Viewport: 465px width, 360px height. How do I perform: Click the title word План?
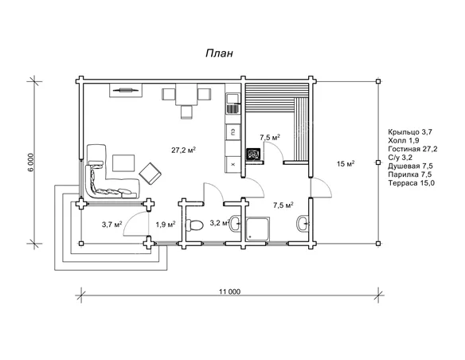[220, 53]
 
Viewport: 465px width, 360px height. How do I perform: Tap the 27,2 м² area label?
[183, 150]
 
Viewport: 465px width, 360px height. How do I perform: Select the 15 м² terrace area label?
[346, 163]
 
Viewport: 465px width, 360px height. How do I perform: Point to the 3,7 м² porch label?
[112, 225]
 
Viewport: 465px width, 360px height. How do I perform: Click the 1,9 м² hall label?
[166, 225]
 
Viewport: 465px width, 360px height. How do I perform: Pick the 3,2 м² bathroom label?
[220, 223]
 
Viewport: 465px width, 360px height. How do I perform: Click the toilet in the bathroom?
[194, 225]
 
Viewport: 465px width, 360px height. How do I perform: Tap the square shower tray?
[258, 229]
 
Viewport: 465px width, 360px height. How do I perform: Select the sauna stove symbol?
[253, 155]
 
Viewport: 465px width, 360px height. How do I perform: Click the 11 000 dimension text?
[230, 292]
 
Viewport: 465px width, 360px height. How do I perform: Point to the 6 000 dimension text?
[33, 162]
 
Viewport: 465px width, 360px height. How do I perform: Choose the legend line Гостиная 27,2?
[412, 149]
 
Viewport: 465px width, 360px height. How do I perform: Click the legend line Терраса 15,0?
[412, 183]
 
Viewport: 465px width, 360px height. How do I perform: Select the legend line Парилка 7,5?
[410, 174]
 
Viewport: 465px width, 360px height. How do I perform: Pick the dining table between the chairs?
[186, 95]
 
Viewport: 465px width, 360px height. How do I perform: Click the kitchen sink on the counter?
[232, 99]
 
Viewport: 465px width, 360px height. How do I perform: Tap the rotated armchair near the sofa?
[150, 174]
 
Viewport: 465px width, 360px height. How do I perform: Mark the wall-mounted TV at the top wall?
[126, 90]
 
